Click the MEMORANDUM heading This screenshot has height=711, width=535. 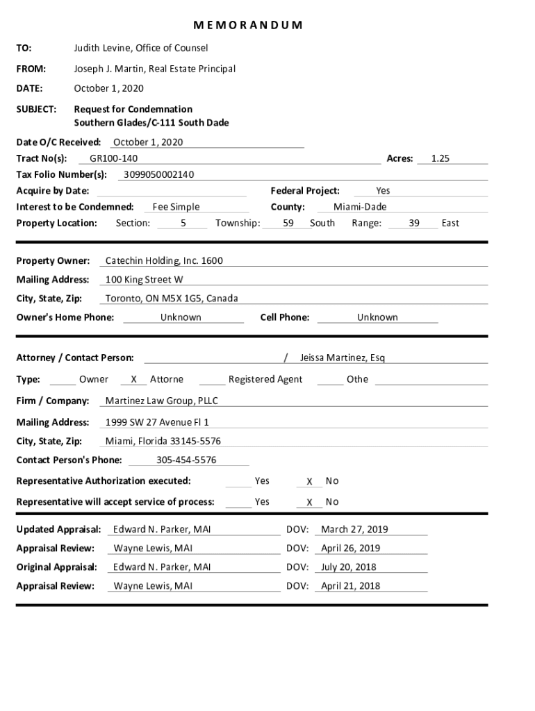247,26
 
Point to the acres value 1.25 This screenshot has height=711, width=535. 441,158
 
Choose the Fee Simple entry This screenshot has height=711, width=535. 176,207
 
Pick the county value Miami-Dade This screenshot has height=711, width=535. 360,207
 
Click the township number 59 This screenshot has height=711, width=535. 288,223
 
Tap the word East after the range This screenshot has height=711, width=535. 450,223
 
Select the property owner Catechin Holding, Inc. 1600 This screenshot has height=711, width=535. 164,261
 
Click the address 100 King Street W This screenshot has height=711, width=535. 145,280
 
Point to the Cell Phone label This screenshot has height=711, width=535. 285,317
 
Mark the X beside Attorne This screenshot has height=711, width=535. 133,380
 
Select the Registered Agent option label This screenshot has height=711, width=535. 265,379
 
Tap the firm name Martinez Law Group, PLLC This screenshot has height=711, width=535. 162,401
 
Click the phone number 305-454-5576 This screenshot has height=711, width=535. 186,460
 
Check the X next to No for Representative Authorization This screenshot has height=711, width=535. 310,482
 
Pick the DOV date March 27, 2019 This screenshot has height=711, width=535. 354,530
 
